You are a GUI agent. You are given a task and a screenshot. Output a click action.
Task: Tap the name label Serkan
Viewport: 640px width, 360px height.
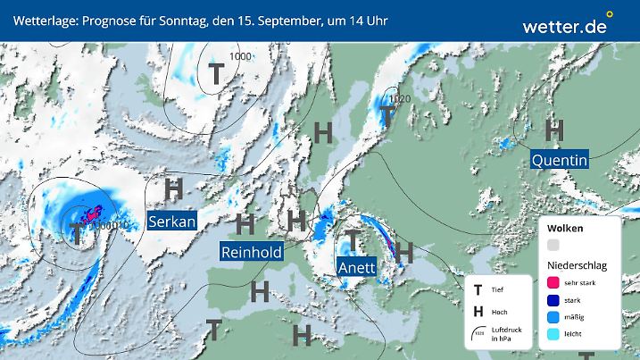(x=172, y=222)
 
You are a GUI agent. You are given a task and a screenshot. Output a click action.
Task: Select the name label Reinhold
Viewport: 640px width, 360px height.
(x=252, y=252)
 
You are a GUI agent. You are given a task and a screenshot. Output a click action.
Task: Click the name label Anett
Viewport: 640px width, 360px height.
(x=357, y=266)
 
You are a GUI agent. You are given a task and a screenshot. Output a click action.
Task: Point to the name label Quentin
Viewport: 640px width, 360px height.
(x=559, y=160)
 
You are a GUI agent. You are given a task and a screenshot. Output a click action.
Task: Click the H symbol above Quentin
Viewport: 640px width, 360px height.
(x=554, y=130)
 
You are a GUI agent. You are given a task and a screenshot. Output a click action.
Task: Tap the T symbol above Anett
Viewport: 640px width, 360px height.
(x=354, y=239)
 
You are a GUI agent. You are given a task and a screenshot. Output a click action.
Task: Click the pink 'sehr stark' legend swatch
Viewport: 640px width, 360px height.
(x=553, y=282)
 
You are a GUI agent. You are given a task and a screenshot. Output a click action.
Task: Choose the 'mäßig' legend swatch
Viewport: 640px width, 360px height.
(x=553, y=318)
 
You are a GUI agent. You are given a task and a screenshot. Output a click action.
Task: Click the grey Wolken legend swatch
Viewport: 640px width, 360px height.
(x=553, y=245)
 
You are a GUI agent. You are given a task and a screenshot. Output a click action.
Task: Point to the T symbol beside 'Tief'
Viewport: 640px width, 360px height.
(x=478, y=289)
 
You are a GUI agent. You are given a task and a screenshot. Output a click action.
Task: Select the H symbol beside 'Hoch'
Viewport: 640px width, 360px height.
(x=478, y=311)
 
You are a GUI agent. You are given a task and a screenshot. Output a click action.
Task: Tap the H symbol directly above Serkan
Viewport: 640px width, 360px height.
(x=174, y=188)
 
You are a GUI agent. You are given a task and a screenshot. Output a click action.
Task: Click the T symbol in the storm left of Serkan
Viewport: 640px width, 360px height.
(x=78, y=233)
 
